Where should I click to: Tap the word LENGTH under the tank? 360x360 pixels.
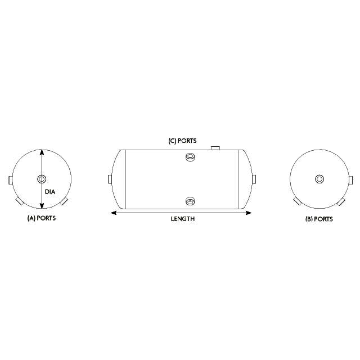[183, 219]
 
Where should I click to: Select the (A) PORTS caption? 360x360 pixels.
[42, 218]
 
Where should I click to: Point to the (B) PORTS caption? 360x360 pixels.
[318, 219]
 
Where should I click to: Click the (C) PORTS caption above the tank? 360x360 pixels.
[183, 141]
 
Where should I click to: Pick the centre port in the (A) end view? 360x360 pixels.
[42, 179]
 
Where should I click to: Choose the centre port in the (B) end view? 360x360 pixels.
[319, 179]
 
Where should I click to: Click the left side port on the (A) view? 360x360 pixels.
[10, 180]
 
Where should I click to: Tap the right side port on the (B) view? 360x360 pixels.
[351, 180]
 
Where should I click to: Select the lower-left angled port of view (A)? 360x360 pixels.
[19, 201]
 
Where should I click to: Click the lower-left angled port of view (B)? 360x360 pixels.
[296, 201]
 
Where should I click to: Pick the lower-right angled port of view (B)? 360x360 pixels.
[342, 201]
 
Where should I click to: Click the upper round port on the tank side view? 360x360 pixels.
[190, 157]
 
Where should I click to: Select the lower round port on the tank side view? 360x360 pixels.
[190, 201]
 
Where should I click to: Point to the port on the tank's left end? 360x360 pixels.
[110, 180]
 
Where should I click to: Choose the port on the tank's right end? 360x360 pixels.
[254, 179]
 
